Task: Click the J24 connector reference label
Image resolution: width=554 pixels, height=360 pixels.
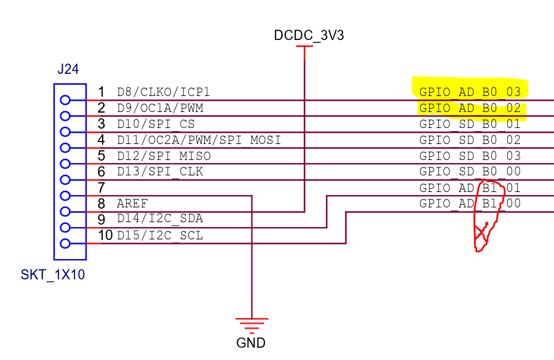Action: (x=68, y=70)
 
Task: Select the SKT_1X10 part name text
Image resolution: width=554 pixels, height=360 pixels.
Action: (x=52, y=275)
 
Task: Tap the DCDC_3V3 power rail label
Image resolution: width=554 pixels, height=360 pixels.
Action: (x=309, y=35)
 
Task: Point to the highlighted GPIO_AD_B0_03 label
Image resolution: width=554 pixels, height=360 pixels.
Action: (x=470, y=92)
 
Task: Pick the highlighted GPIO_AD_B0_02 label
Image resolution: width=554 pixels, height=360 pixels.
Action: (x=470, y=108)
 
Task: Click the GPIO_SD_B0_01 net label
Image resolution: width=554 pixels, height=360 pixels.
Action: (x=470, y=124)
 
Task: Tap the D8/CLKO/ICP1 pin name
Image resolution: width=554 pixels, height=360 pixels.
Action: (x=164, y=92)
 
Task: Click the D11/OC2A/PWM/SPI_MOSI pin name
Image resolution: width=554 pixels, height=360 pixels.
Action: (x=199, y=140)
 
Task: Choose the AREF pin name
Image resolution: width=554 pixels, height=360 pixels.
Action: (x=132, y=204)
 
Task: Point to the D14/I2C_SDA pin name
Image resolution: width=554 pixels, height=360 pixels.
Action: (x=160, y=219)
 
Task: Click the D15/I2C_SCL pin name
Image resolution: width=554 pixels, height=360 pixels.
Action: (x=160, y=235)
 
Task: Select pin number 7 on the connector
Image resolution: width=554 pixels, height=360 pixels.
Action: (x=102, y=188)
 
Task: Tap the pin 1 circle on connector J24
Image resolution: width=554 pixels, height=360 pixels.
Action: (x=65, y=100)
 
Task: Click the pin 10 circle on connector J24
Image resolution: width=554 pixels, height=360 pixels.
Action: (x=65, y=244)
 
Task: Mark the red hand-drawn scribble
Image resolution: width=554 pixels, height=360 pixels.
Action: (x=489, y=218)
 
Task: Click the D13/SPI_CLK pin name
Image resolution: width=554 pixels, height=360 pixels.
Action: (x=160, y=172)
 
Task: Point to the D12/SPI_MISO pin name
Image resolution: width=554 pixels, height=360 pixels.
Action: (x=163, y=156)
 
